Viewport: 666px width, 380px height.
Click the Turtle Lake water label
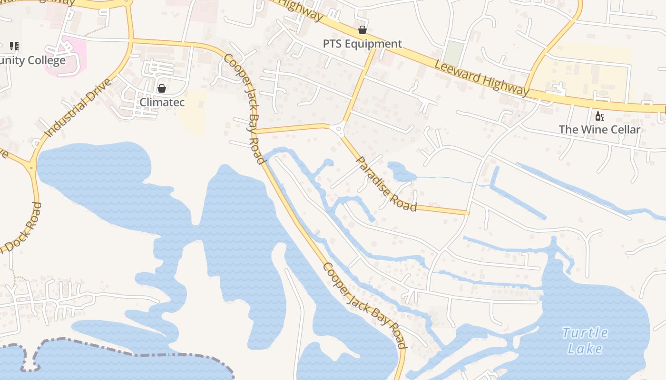pyautogui.click(x=585, y=341)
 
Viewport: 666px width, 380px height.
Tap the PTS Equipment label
pyautogui.click(x=362, y=44)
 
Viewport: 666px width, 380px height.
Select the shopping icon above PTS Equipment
pyautogui.click(x=362, y=30)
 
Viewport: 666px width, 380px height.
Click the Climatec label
pyautogui.click(x=162, y=102)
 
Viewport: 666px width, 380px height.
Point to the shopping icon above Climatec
pyautogui.click(x=162, y=88)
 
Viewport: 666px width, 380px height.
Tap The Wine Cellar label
pyautogui.click(x=599, y=129)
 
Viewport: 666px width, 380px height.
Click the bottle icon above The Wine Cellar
pyautogui.click(x=599, y=116)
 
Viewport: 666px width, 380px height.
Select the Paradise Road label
pyautogui.click(x=386, y=183)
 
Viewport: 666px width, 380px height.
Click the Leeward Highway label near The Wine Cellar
pyautogui.click(x=481, y=77)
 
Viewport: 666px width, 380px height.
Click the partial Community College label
pyautogui.click(x=32, y=60)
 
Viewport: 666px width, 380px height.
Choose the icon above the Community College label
pyautogui.click(x=14, y=46)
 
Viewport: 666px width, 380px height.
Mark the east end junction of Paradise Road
pyautogui.click(x=468, y=213)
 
